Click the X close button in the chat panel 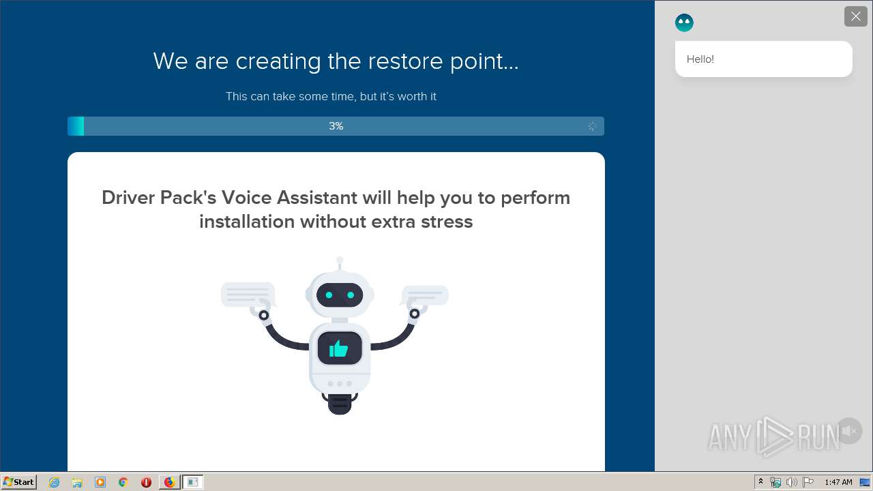click(x=855, y=16)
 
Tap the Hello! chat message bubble click(x=763, y=59)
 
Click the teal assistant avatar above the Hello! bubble click(x=684, y=23)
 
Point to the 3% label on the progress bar click(x=336, y=126)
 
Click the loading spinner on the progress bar click(x=591, y=126)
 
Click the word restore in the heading click(x=405, y=61)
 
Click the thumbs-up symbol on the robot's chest click(x=338, y=348)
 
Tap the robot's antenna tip click(x=340, y=260)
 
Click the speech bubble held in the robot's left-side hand click(x=248, y=294)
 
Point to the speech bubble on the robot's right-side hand click(x=424, y=295)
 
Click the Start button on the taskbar click(x=18, y=482)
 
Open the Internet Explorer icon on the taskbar click(x=55, y=482)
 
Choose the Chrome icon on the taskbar click(x=123, y=482)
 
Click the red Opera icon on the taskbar click(x=146, y=482)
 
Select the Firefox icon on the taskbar click(x=169, y=482)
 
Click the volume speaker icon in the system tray click(x=792, y=482)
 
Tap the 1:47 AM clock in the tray click(x=838, y=482)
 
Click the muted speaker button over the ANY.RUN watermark click(x=849, y=430)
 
